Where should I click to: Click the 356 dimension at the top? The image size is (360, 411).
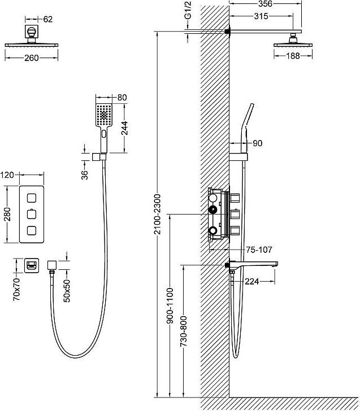(265, 4)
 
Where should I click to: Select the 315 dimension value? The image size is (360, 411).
(261, 16)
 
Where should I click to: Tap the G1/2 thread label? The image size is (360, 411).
(188, 10)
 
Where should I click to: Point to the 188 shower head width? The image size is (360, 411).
(293, 56)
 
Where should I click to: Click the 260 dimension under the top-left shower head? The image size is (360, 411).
(32, 58)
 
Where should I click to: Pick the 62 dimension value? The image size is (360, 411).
(47, 19)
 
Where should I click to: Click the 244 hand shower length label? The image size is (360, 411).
(124, 128)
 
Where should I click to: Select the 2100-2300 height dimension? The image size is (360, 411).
(157, 214)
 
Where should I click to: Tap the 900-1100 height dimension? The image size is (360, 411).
(170, 305)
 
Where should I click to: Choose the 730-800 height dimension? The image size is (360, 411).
(184, 331)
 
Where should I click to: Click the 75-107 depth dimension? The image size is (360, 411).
(259, 250)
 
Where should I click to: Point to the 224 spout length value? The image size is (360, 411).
(252, 282)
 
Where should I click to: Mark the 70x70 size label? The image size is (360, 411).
(16, 290)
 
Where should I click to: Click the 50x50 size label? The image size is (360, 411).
(67, 291)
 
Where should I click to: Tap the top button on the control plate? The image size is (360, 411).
(32, 198)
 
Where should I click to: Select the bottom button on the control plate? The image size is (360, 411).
(32, 230)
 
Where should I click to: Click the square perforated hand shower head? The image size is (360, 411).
(104, 115)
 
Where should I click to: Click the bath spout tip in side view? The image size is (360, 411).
(276, 264)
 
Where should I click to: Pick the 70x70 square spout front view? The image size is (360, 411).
(32, 265)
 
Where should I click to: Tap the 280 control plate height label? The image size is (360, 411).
(7, 214)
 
